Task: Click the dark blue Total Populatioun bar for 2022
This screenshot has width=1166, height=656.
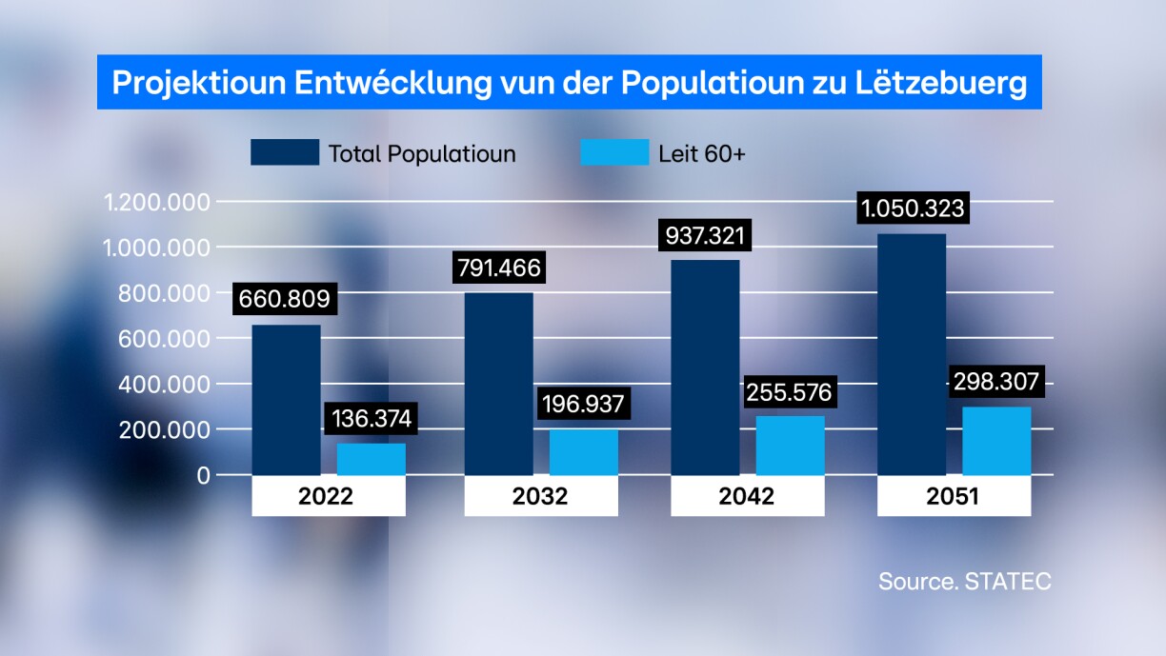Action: coord(286,400)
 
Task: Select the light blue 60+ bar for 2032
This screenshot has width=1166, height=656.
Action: coord(583,452)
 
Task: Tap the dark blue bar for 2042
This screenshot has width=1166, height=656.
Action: coord(705,368)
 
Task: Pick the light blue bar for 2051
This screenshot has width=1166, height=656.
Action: coord(996,441)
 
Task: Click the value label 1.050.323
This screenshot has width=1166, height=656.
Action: coord(913,208)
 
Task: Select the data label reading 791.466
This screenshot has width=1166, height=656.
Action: coord(498,268)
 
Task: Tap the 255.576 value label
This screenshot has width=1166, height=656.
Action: coord(790,391)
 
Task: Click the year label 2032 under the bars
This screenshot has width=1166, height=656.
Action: coord(541,496)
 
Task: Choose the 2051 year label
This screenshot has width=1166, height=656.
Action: coord(954,496)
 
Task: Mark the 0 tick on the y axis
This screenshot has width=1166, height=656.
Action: coord(202,474)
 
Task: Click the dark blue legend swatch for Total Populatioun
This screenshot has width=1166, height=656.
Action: coord(285,152)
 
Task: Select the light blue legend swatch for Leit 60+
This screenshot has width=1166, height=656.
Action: coord(613,152)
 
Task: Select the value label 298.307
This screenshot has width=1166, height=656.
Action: coord(996,383)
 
